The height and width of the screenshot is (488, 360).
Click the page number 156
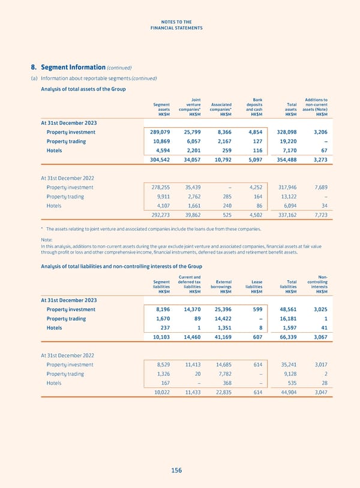176,471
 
